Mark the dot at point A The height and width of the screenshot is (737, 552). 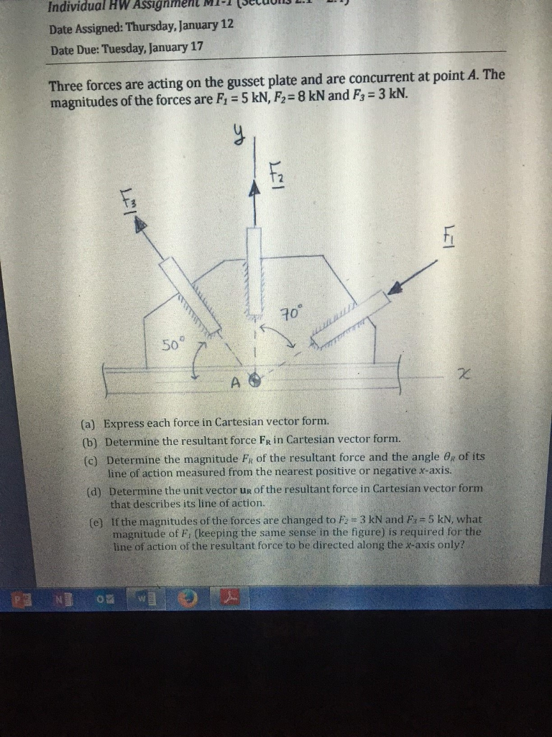tap(253, 381)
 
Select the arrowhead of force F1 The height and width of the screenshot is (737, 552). tap(395, 289)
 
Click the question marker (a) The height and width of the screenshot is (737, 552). tap(91, 422)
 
